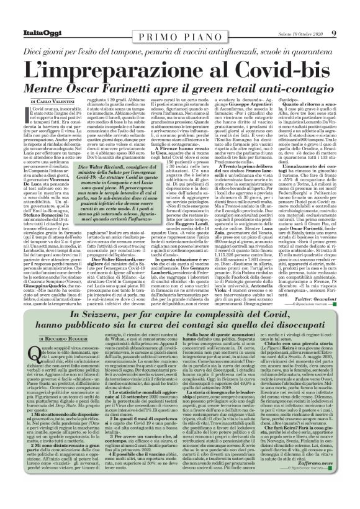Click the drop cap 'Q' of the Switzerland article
click(x=27, y=372)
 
